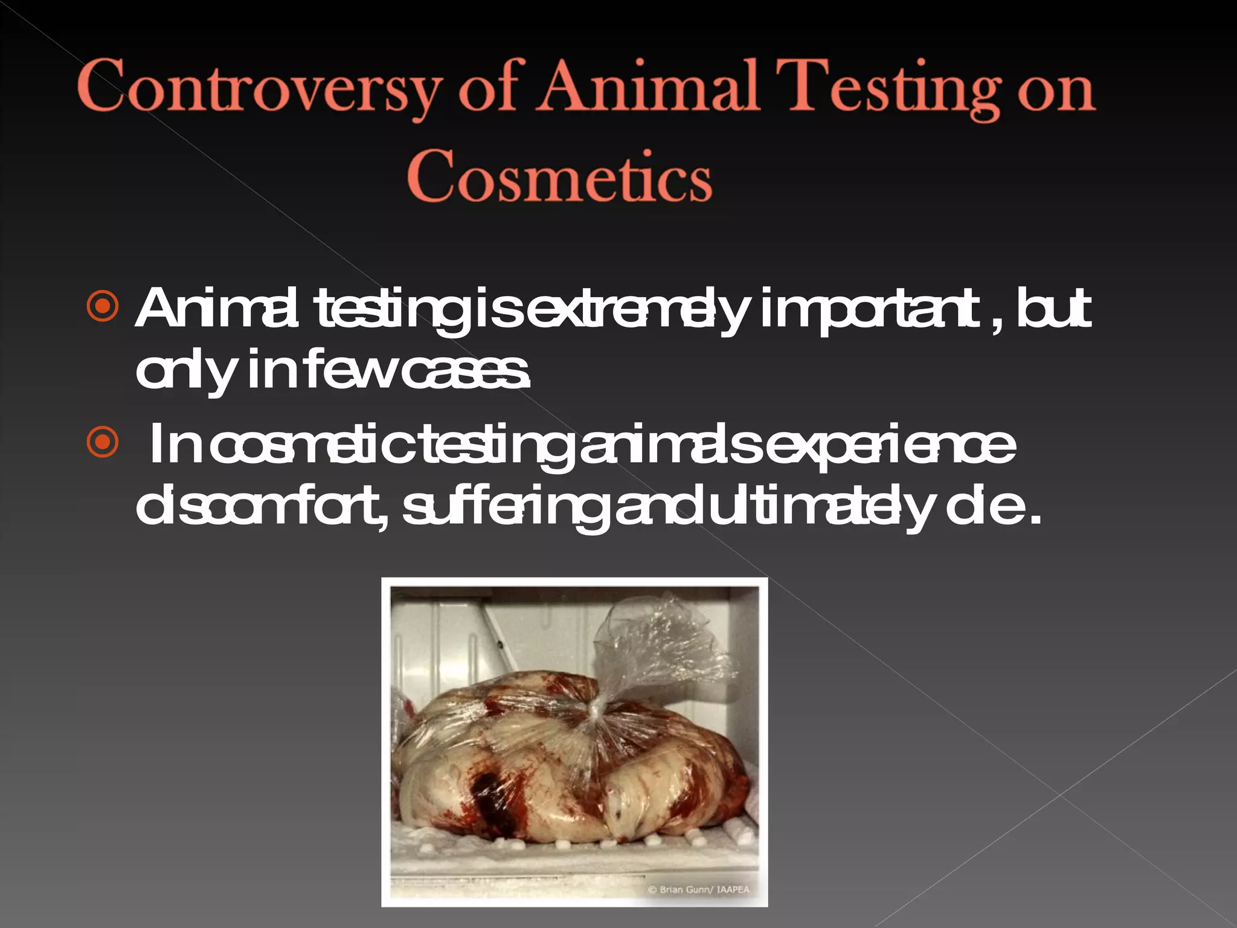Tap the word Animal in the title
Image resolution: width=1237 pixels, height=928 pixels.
pyautogui.click(x=648, y=87)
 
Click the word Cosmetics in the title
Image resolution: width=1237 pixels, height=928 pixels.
pyautogui.click(x=559, y=176)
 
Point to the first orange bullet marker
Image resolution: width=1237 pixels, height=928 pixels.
pyautogui.click(x=103, y=308)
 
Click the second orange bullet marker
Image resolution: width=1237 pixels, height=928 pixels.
pyautogui.click(x=103, y=443)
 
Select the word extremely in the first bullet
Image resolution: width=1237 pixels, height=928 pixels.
pyautogui.click(x=637, y=309)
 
